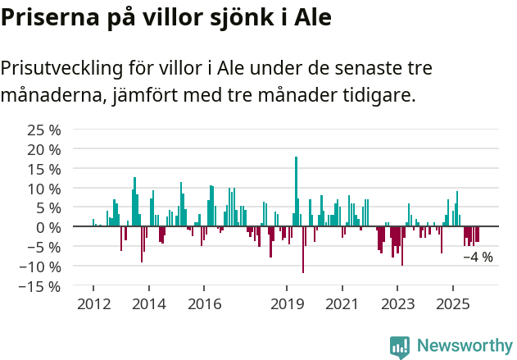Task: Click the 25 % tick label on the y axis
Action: tap(44, 130)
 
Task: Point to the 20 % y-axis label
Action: tap(44, 150)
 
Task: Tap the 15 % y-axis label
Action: tap(44, 169)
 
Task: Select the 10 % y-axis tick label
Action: tap(44, 189)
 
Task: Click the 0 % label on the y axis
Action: tap(49, 227)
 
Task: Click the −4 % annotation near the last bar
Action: tap(478, 257)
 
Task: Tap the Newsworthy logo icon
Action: tap(400, 347)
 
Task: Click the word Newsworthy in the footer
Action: tap(465, 346)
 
